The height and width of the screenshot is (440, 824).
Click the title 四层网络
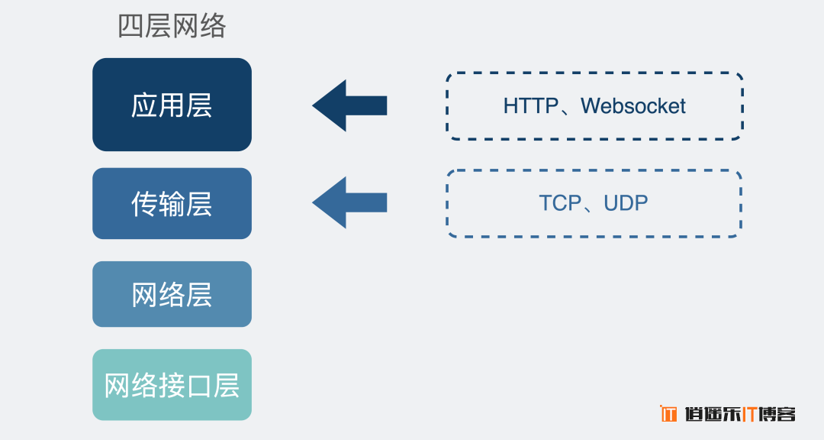[x=172, y=26]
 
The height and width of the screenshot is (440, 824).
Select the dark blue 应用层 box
[x=172, y=105]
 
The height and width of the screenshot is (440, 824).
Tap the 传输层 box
[x=172, y=204]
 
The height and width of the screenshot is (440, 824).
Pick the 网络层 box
[x=172, y=294]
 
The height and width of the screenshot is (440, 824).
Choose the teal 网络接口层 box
[x=172, y=385]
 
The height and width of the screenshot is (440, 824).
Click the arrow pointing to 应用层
[x=349, y=105]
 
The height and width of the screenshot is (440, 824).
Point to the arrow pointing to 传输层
[x=349, y=202]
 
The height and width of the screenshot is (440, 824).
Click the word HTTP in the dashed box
[x=531, y=105]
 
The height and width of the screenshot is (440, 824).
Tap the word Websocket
[x=633, y=105]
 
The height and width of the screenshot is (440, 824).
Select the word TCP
[x=560, y=202]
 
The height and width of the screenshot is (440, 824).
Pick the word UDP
[x=626, y=202]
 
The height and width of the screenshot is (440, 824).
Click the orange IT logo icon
[x=668, y=414]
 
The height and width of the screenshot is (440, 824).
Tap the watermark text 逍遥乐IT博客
[x=740, y=414]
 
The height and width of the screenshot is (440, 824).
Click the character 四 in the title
[x=131, y=26]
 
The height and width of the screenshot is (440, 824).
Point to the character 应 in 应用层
[x=144, y=105]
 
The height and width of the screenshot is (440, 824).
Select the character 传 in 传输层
[x=144, y=204]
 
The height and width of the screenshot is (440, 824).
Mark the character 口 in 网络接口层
[x=199, y=386]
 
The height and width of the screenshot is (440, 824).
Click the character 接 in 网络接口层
[x=172, y=386]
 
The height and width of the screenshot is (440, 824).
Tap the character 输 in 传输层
[x=172, y=204]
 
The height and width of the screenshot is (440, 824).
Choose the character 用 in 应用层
[x=172, y=105]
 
